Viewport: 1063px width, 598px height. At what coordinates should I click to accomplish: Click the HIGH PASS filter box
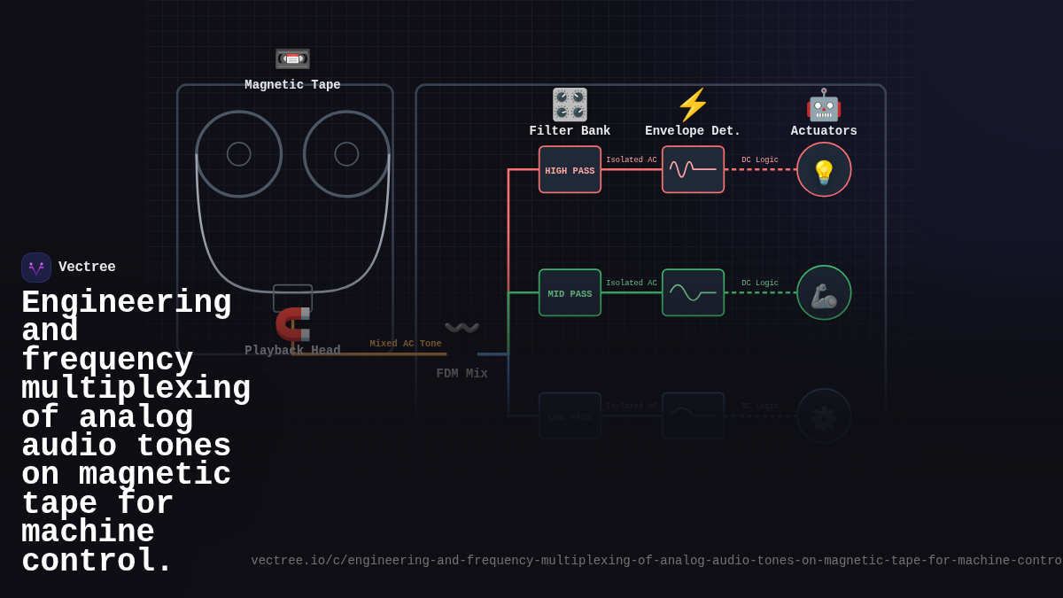coord(570,170)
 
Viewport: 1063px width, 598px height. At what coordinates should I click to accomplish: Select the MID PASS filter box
coord(570,293)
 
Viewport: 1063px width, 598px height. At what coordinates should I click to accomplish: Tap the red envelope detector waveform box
coord(693,170)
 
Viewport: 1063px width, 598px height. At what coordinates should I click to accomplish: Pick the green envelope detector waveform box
coord(693,293)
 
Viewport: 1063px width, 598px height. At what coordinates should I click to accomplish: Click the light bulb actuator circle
coord(824,170)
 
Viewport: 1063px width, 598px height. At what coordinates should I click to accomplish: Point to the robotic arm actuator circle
coord(824,293)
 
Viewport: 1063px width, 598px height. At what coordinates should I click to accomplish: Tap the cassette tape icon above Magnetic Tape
coord(292,58)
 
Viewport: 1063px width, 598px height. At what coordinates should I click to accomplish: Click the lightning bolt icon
coord(693,105)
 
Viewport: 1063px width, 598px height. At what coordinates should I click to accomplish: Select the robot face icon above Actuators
coord(824,105)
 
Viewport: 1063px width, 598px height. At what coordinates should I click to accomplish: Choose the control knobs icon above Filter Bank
coord(570,105)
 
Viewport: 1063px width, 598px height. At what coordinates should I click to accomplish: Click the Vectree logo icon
coord(36,268)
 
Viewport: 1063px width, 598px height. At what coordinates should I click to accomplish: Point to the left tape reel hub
coord(239,154)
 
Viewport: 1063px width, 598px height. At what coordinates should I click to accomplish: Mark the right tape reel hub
coord(346,154)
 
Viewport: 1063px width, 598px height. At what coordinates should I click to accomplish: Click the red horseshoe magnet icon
coord(293,324)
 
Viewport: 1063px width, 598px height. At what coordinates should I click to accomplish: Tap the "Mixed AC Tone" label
coord(406,344)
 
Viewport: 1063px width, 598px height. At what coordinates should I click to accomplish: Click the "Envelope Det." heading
coord(693,131)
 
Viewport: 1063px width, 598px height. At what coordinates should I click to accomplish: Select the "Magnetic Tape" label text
coord(292,85)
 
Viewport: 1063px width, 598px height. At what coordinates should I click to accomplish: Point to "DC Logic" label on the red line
coord(760,160)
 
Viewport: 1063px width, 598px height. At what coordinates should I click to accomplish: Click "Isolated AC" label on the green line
coord(632,283)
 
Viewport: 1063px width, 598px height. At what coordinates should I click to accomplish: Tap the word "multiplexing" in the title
coord(136,389)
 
